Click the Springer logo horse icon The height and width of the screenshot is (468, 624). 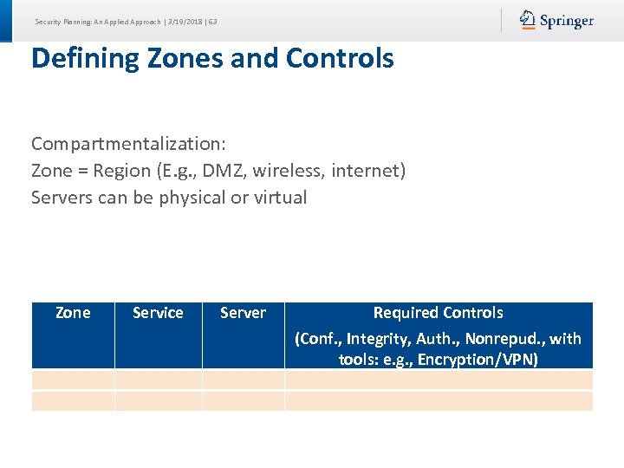[x=528, y=20]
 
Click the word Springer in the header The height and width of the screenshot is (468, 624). [x=567, y=21]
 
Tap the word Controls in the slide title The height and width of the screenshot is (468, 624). [x=340, y=58]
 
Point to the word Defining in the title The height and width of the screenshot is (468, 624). [x=85, y=58]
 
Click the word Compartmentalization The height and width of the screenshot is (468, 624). [x=128, y=143]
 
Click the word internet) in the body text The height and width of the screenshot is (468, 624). [x=367, y=170]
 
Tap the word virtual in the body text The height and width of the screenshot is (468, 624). [x=280, y=197]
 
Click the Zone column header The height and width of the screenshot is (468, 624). [x=73, y=313]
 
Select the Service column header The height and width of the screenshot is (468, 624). [x=158, y=313]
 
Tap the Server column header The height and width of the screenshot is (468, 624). [x=243, y=313]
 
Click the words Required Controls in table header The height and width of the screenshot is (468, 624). [x=438, y=313]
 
